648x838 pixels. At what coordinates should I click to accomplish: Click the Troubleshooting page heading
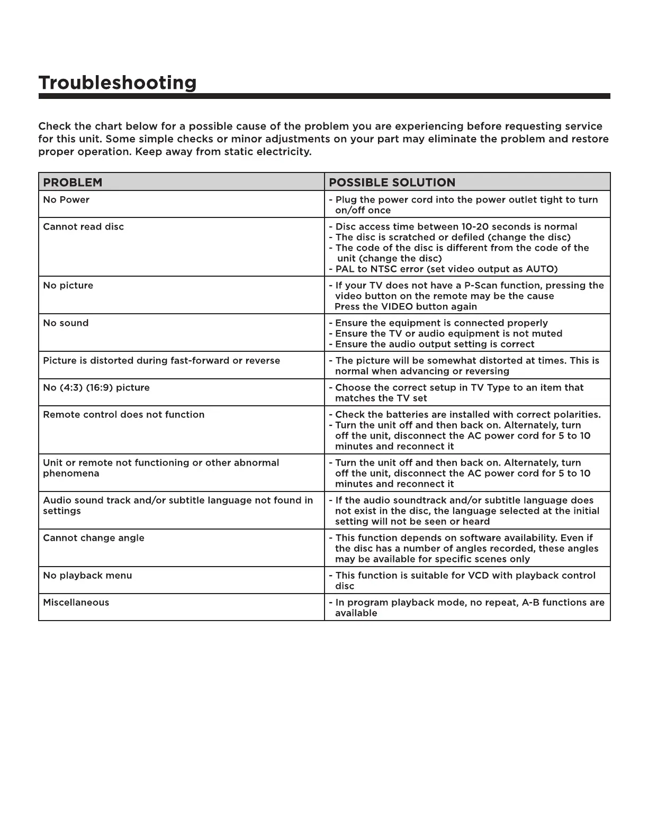point(117,83)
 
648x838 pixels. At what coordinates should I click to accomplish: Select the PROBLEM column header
point(73,183)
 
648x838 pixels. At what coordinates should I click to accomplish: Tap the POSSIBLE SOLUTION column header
point(392,183)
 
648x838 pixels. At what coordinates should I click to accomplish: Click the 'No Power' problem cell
point(66,200)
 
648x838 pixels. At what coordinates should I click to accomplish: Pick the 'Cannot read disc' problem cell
point(83,227)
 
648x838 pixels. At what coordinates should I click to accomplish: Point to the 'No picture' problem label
point(68,286)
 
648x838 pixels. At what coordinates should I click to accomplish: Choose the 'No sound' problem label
point(66,323)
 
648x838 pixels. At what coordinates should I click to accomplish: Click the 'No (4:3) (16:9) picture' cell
point(96,388)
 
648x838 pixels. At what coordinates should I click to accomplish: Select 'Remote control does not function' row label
point(123,415)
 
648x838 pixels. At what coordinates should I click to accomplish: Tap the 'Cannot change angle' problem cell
point(93,538)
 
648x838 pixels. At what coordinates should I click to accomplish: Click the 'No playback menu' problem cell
point(87,576)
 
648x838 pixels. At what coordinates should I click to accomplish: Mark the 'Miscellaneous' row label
point(76,603)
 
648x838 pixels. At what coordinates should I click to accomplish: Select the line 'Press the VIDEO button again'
point(406,307)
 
